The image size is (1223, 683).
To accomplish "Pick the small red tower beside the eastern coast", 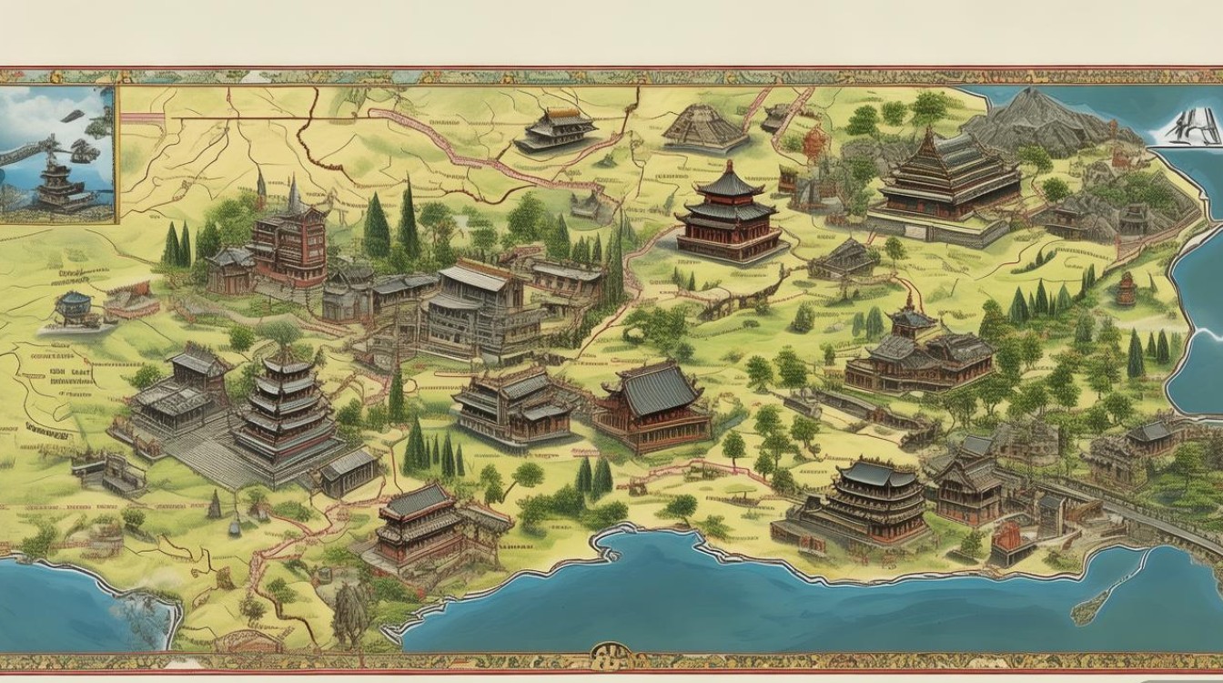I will [x=1127, y=290].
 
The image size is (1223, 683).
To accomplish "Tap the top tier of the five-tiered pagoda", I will [x=287, y=363].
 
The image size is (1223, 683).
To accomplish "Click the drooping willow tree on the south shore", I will [x=350, y=610].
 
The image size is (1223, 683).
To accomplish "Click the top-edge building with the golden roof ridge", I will [x=557, y=128].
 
